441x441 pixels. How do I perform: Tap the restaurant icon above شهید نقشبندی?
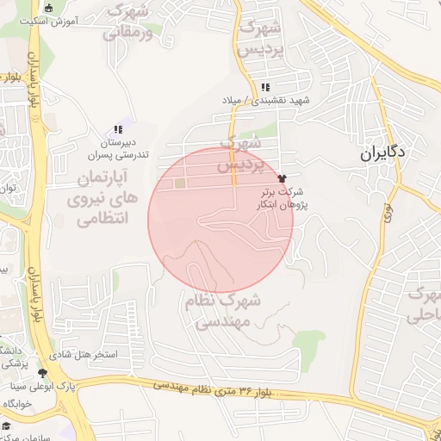tap(265, 87)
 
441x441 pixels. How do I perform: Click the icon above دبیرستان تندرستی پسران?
tap(118, 129)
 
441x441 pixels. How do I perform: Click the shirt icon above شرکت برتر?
tap(282, 177)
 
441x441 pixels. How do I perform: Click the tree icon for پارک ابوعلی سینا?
tap(43, 373)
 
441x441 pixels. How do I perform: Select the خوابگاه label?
tap(17, 403)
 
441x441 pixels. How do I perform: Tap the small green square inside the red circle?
tap(179, 183)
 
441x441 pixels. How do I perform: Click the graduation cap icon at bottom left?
tap(6, 426)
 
